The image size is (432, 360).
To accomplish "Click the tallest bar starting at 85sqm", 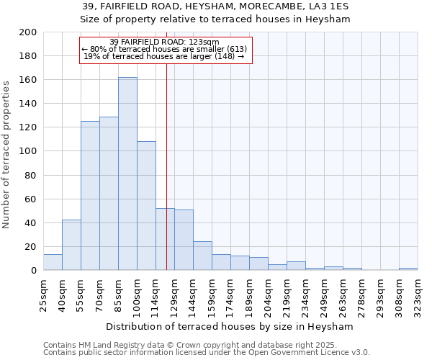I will (127, 174).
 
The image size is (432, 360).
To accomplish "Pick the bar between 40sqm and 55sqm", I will (71, 245).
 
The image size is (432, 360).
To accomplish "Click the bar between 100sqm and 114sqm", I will (146, 206).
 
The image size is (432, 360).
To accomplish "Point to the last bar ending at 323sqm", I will (408, 269).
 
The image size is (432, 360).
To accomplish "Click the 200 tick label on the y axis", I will (28, 32).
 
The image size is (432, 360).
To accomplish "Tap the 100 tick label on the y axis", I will (28, 151).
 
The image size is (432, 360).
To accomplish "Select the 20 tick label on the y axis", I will (31, 247).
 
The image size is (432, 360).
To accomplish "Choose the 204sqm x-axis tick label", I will (268, 295).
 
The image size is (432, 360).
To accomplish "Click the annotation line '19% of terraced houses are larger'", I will (164, 57).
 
